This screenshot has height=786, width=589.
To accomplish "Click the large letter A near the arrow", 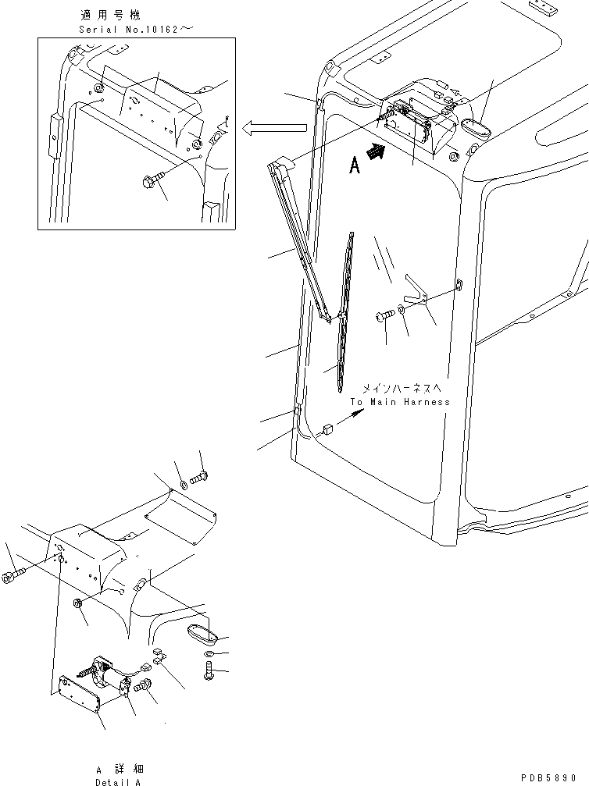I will click(x=355, y=165).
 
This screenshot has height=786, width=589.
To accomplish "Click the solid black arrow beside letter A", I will click(x=377, y=155).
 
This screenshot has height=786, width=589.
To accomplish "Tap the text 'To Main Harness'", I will click(x=400, y=402).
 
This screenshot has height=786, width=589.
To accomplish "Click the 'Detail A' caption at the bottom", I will click(x=118, y=781).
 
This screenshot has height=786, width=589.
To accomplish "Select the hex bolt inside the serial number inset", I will click(x=152, y=181).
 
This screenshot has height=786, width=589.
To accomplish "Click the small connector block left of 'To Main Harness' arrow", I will click(x=327, y=427).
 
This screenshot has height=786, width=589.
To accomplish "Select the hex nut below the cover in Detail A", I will click(x=78, y=603).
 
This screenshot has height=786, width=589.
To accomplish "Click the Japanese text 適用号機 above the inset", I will click(x=108, y=15).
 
